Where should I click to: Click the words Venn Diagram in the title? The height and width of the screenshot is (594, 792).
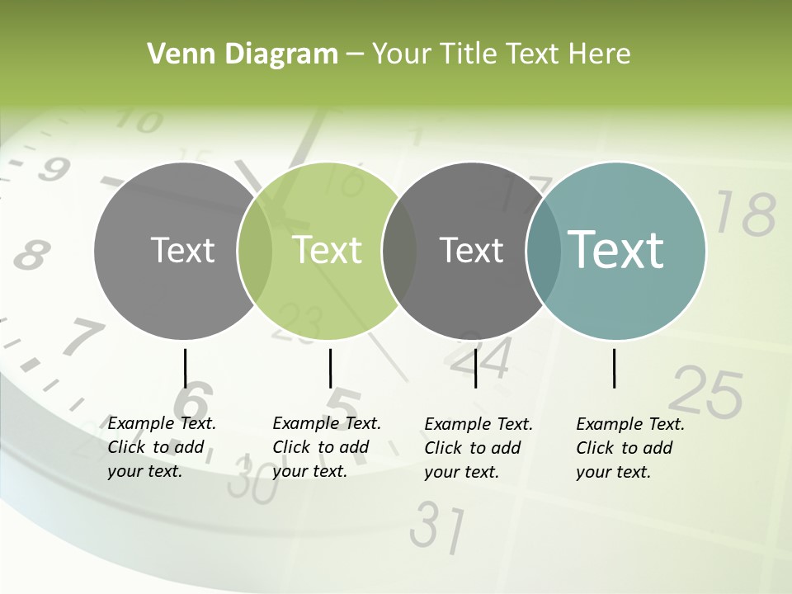243,54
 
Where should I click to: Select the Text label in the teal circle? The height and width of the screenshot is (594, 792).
616,249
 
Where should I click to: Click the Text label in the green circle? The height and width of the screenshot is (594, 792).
328,250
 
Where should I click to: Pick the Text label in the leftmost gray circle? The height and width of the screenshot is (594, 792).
183,250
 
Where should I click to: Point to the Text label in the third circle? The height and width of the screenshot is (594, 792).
472,250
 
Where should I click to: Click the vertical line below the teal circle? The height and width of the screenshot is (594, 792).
615,368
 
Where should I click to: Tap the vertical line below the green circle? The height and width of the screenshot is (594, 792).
330,368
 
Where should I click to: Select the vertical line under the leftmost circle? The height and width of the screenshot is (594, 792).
186,368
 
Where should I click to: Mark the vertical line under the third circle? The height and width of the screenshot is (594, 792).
476,368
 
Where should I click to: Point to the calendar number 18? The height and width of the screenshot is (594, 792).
745,213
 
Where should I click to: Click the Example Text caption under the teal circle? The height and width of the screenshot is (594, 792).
629,448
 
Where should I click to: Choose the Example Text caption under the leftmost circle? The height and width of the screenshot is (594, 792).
161,447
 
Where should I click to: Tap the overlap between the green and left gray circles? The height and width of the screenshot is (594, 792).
255,250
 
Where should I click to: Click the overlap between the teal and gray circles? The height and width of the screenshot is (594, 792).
542,250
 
